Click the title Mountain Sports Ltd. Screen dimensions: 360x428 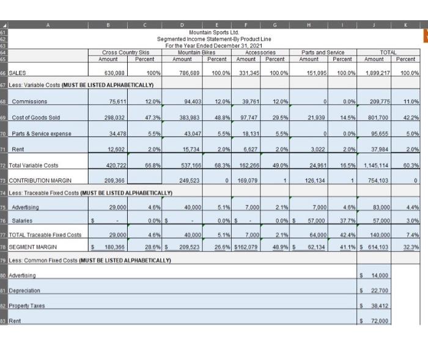[214, 32]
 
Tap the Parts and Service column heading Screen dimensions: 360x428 [322, 53]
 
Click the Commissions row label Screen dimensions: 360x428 [29, 101]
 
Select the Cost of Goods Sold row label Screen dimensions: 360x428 [36, 117]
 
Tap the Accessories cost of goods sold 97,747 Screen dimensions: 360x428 [248, 117]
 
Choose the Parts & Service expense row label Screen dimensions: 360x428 [42, 133]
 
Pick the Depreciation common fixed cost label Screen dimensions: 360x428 [25, 291]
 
